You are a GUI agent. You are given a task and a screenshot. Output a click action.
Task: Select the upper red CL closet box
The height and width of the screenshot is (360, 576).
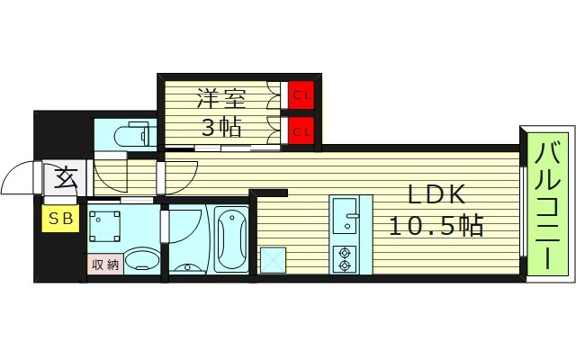pos(301,94)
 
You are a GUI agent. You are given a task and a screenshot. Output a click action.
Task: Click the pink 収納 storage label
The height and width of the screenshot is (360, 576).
pos(104,265)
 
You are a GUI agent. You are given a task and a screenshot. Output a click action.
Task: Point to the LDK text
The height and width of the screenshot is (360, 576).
pos(436,194)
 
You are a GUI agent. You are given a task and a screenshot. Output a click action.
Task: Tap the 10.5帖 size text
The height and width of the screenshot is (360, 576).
pos(436,224)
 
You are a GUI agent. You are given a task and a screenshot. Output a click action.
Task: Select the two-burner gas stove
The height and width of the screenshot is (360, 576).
pos(343,259)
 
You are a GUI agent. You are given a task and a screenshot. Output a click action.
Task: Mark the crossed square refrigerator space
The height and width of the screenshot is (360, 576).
pos(273,259)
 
